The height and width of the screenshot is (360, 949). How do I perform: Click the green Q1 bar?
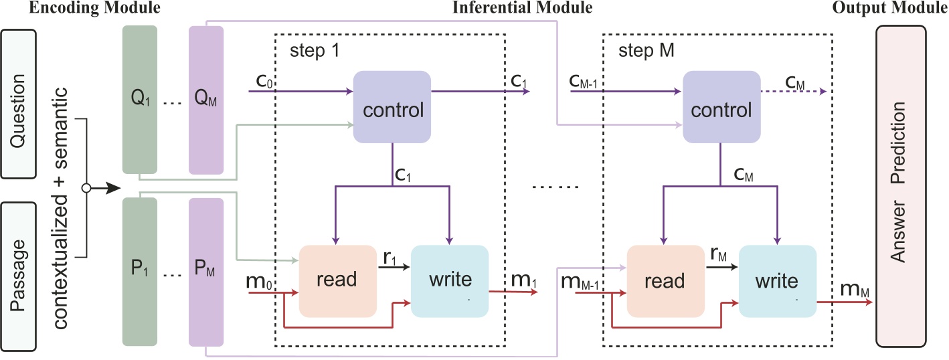coord(140,100)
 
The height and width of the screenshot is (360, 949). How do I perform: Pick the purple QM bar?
coord(205,100)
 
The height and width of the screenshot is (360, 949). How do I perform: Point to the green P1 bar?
coord(140,271)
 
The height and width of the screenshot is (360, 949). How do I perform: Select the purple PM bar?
coord(205,271)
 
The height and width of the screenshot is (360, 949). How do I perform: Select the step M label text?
coord(641,51)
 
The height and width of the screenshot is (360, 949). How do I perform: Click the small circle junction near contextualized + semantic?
coord(85,189)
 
